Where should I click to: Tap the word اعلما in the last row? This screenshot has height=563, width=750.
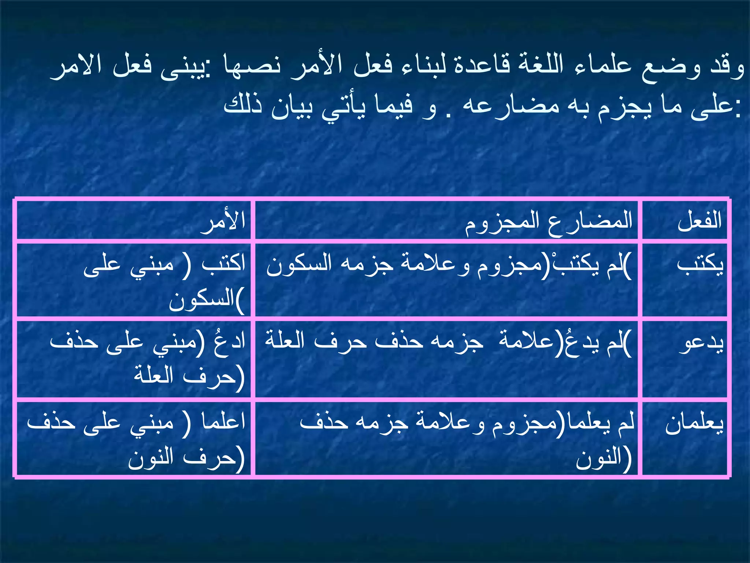pyautogui.click(x=223, y=422)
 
